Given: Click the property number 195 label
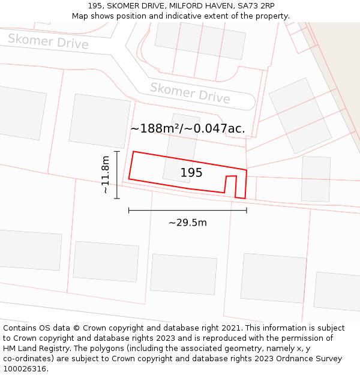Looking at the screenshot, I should point(191,173).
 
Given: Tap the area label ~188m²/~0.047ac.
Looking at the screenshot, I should point(187,128).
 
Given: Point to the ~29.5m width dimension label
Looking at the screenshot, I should point(187,223).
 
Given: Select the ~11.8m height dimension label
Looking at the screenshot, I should point(106,175).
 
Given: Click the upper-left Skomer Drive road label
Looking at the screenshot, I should point(48,41).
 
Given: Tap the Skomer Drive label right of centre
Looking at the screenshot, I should point(190,92).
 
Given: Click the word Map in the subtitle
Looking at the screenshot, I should point(80,16).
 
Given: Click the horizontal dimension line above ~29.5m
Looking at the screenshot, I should point(187,210).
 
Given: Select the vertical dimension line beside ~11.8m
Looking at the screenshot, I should point(117,175).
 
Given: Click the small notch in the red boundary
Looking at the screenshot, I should point(230,184).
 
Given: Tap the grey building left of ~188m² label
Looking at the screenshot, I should point(100,121).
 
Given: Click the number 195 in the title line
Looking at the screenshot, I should point(95,6).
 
